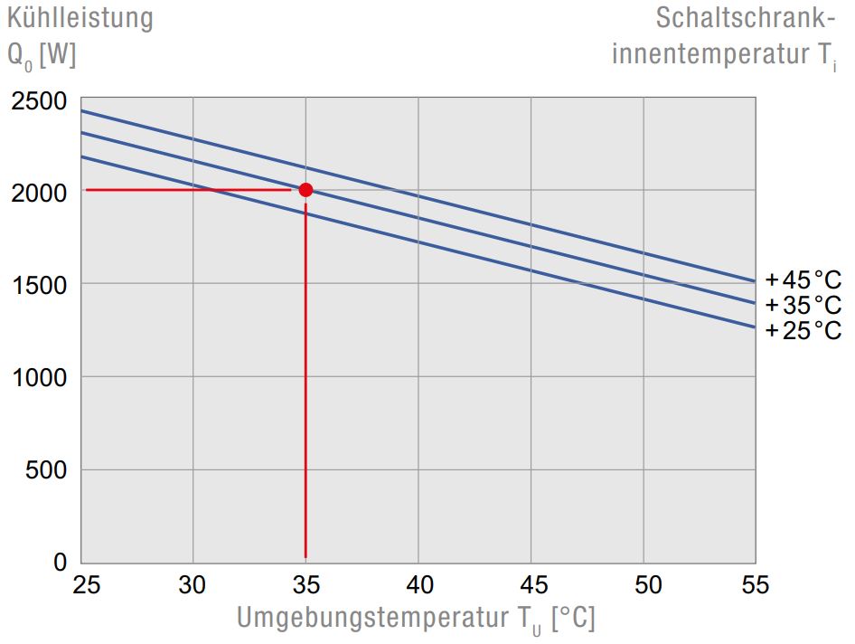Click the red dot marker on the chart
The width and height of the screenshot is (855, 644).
tap(305, 190)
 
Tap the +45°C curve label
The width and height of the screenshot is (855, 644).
tap(803, 279)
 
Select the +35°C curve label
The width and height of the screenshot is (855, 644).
tap(803, 305)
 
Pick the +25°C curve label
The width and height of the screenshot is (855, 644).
tap(803, 331)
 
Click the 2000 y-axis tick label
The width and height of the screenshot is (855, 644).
tap(41, 194)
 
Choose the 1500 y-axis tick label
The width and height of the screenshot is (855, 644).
tap(41, 286)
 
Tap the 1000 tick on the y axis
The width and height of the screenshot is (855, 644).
tap(41, 378)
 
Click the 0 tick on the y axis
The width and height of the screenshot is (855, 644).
tap(61, 563)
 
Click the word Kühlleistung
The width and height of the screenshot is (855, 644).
tap(80, 18)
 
